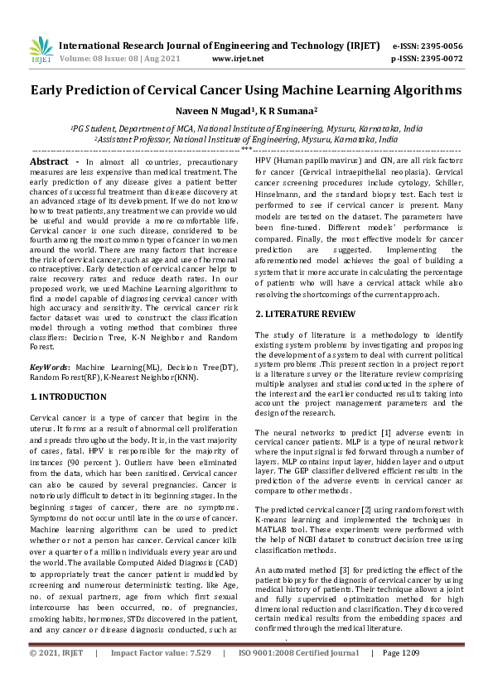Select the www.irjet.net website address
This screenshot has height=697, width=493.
(238, 59)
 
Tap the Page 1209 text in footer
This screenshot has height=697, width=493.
(401, 676)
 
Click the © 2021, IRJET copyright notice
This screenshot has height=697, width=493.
(56, 676)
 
